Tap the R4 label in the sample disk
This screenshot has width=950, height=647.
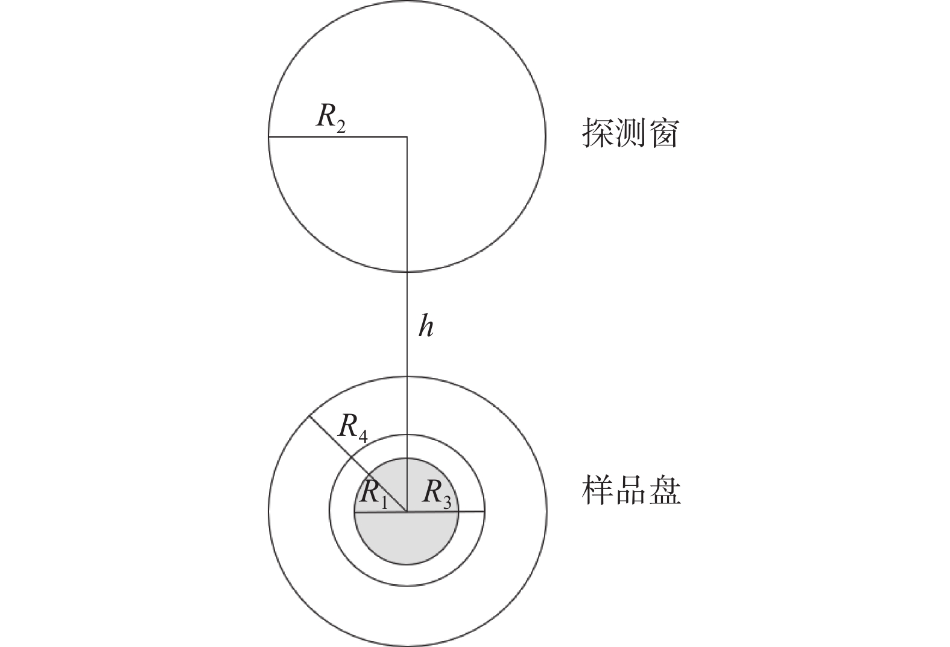point(353,428)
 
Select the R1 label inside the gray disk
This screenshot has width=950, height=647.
point(373,494)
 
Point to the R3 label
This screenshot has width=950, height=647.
point(437,494)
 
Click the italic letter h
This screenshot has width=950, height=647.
point(426,327)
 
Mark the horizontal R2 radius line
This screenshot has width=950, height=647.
point(338,138)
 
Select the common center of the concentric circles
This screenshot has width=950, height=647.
point(407,512)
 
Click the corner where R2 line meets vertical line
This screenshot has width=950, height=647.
point(407,138)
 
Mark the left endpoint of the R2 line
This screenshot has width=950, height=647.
point(269,138)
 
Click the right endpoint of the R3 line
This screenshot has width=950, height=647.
point(484,512)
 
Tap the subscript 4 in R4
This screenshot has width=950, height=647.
point(362,437)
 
